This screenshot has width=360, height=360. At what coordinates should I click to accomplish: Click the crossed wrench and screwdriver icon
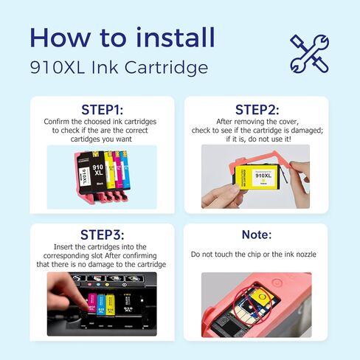[x=308, y=52]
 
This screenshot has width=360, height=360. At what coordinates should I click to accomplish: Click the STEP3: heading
[x=102, y=237]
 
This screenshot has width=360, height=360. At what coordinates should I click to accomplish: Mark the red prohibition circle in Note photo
[x=249, y=303]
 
